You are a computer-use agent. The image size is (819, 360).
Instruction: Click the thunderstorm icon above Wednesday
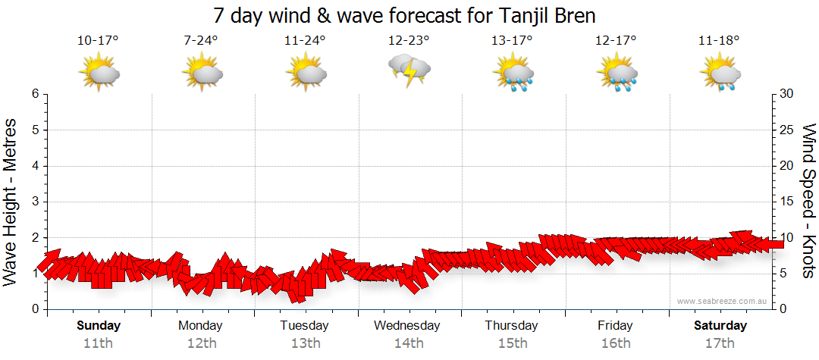click(x=409, y=72)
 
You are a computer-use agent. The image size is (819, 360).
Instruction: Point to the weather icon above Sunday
click(x=99, y=74)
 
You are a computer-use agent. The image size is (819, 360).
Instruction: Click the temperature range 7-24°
click(x=201, y=40)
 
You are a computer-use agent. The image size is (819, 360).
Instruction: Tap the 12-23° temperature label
click(x=409, y=40)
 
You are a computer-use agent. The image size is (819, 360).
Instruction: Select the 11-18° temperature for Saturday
click(x=719, y=40)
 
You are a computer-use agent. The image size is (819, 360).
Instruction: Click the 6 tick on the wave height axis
click(x=35, y=94)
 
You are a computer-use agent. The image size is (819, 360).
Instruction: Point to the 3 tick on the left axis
click(x=35, y=202)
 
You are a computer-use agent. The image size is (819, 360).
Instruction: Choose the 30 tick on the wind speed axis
click(x=788, y=94)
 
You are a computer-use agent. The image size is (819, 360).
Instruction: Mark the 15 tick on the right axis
click(x=788, y=202)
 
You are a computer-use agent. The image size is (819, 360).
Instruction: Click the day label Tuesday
click(x=305, y=326)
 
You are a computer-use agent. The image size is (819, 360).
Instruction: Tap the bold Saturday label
click(x=720, y=326)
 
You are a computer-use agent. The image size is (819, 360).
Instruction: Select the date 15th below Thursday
click(x=513, y=343)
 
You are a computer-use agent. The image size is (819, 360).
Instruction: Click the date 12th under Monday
click(x=201, y=343)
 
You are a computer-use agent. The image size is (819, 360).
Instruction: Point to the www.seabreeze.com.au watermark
click(x=723, y=302)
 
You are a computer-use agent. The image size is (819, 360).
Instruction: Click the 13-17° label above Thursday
click(x=513, y=40)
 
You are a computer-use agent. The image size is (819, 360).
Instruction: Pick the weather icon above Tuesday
click(x=305, y=74)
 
